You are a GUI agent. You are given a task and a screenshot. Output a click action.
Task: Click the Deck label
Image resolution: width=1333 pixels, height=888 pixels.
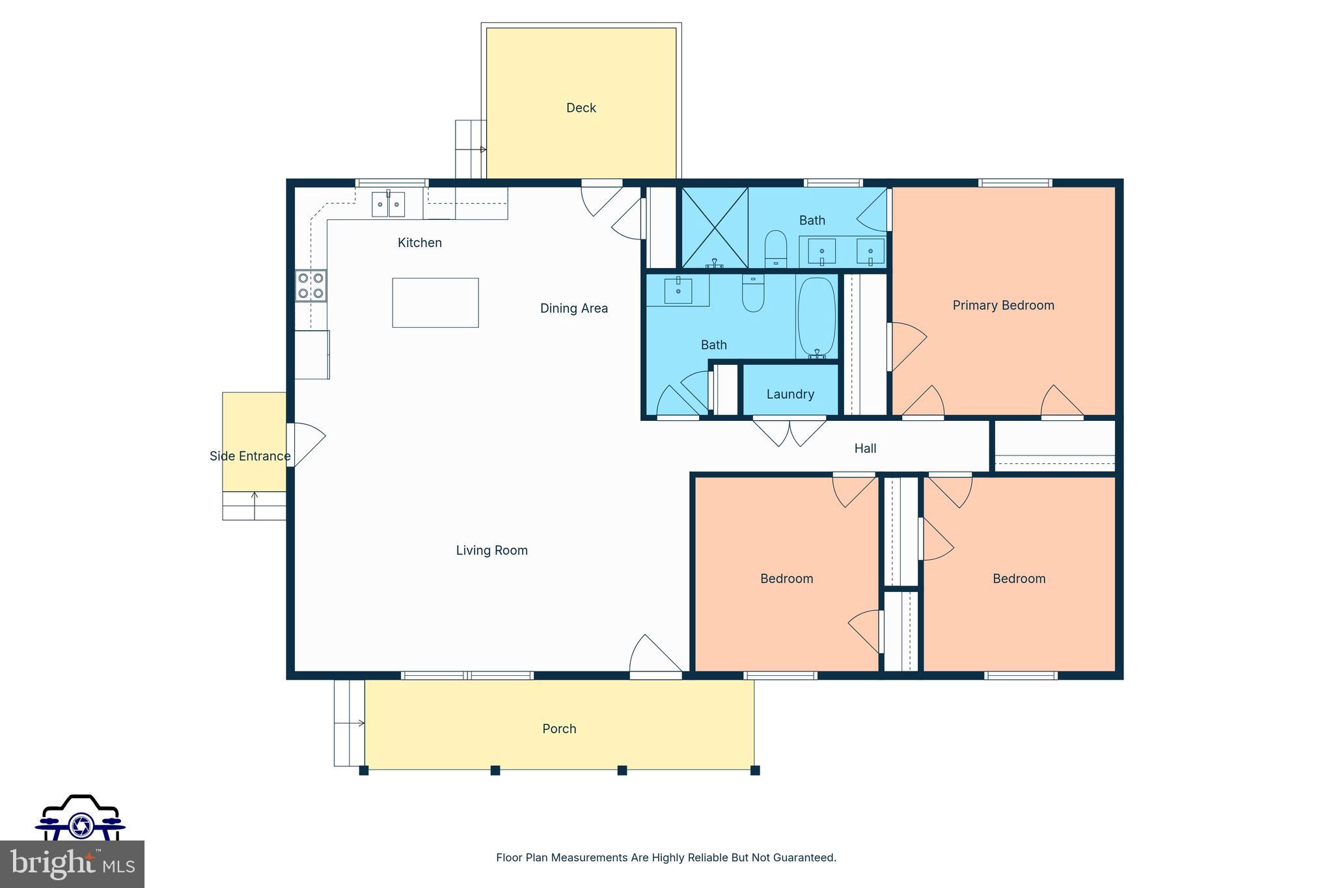(581, 108)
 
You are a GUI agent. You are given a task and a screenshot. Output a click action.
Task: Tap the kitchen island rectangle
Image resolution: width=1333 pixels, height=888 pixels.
(435, 303)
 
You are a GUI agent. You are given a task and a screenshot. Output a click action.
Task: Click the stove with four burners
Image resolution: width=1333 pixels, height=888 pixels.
(310, 286)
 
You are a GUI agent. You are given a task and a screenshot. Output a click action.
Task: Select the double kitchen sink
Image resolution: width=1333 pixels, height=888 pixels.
(388, 204)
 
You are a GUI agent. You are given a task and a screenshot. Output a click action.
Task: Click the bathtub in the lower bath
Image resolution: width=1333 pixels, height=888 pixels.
(816, 317)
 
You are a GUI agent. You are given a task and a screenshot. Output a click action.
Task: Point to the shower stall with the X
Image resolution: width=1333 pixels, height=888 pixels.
(714, 227)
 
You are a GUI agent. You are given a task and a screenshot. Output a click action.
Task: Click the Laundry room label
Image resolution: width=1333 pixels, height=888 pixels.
(790, 394)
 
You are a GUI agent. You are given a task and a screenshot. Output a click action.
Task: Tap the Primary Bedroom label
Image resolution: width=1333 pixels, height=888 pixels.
(1003, 305)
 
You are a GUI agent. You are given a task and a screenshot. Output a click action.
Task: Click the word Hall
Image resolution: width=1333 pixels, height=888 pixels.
(865, 448)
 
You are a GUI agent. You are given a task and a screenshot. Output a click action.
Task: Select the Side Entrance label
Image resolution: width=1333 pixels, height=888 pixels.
(250, 456)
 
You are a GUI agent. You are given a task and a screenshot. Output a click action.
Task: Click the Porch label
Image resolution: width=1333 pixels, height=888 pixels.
(559, 729)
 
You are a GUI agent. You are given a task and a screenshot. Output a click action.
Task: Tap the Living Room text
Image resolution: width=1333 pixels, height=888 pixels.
(491, 550)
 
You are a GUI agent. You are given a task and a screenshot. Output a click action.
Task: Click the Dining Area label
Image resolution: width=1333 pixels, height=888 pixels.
(573, 308)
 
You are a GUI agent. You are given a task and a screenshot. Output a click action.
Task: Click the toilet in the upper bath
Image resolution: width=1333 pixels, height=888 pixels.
(775, 248)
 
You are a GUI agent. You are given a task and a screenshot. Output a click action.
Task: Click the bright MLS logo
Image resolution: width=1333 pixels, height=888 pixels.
(72, 864)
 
